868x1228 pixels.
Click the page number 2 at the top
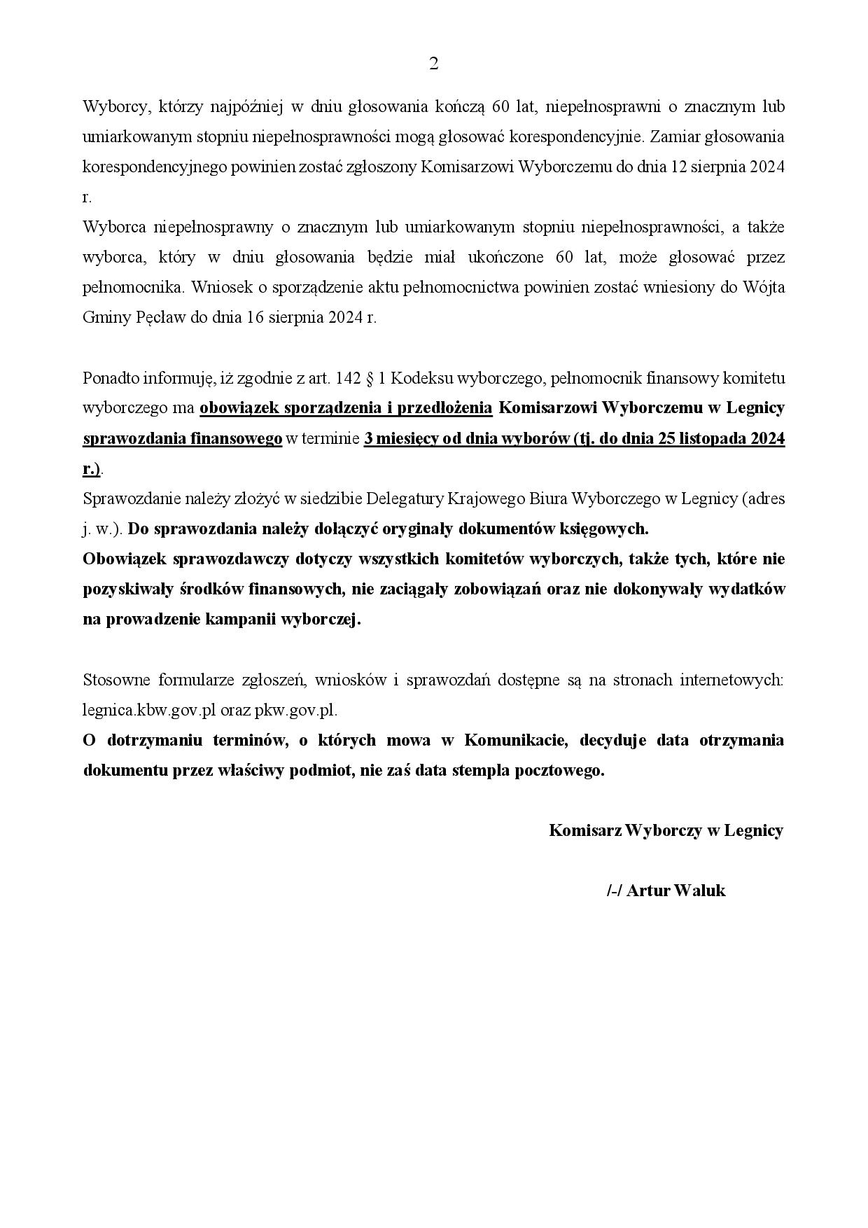click(x=433, y=64)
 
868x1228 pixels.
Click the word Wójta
click(x=764, y=287)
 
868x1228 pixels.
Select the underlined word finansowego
click(x=236, y=439)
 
